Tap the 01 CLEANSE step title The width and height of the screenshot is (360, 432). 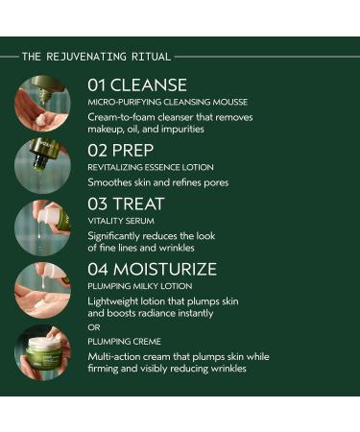click(x=137, y=84)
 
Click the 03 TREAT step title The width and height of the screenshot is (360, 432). click(x=126, y=204)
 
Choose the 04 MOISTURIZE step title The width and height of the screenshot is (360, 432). click(x=152, y=269)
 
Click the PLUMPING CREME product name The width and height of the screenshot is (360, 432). click(x=123, y=340)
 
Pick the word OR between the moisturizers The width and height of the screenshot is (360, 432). click(x=93, y=326)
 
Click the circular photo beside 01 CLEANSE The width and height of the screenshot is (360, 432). click(x=42, y=103)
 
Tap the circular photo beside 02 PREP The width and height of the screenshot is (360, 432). click(x=42, y=164)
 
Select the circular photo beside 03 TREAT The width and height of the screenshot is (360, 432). click(x=42, y=227)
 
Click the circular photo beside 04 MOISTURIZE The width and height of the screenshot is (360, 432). click(x=42, y=289)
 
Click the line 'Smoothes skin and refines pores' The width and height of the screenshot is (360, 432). click(x=158, y=181)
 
